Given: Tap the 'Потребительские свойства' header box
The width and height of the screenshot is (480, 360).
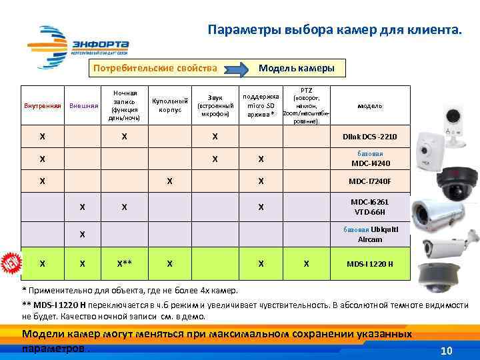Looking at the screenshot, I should (155, 69).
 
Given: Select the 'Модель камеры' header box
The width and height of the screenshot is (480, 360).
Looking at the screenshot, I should (296, 69).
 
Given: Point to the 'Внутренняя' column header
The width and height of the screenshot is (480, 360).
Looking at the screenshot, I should (42, 106).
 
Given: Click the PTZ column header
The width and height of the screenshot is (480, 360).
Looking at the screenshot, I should (306, 105).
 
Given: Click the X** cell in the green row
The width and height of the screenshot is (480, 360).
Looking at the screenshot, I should (124, 263).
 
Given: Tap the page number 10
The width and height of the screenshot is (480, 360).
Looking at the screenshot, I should (447, 351).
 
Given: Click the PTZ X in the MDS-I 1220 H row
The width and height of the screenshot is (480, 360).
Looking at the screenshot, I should (306, 263).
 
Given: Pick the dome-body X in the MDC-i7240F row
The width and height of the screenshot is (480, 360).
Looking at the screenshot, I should (170, 181).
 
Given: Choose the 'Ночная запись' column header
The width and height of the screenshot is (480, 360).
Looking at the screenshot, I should (125, 105).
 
